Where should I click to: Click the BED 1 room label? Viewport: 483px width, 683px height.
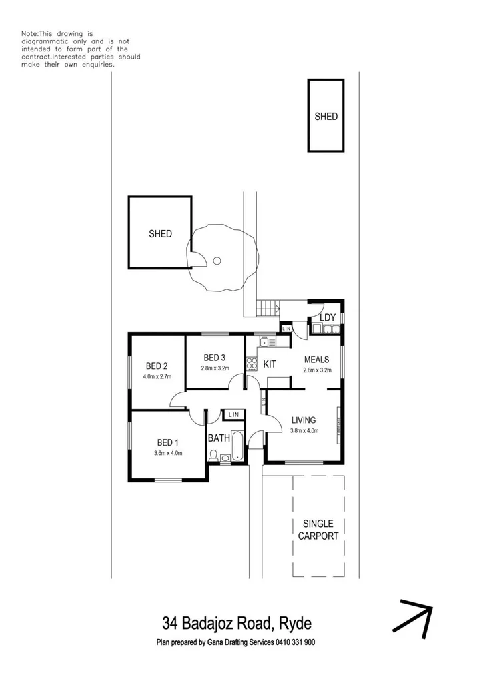click(168, 442)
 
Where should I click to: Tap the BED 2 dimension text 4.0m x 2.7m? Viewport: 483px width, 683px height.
click(157, 377)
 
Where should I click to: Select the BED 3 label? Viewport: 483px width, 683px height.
click(215, 357)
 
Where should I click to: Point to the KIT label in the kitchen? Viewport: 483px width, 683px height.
click(270, 364)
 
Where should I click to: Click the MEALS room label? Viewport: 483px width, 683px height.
click(316, 359)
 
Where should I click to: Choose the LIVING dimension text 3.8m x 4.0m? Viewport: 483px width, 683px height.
click(304, 431)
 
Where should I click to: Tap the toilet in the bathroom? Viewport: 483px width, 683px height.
click(213, 456)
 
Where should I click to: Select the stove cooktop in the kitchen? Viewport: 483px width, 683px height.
click(252, 364)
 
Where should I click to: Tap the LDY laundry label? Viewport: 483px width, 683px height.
click(328, 317)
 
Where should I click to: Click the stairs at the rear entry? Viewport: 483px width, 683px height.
click(266, 309)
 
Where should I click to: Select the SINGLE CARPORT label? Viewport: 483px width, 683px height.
click(318, 530)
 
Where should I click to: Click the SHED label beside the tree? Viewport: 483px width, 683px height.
click(160, 233)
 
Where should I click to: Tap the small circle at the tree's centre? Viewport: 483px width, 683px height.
click(217, 261)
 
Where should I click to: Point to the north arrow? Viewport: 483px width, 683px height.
click(412, 618)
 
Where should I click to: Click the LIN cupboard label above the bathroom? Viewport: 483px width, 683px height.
click(233, 415)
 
